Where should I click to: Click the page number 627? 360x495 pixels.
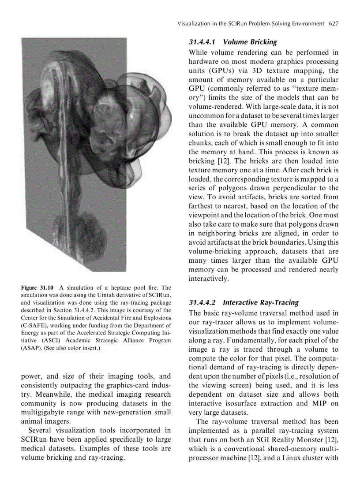tap(333, 23)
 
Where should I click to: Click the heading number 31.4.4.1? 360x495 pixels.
tap(203, 42)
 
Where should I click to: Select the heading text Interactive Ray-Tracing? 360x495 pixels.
tap(261, 303)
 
